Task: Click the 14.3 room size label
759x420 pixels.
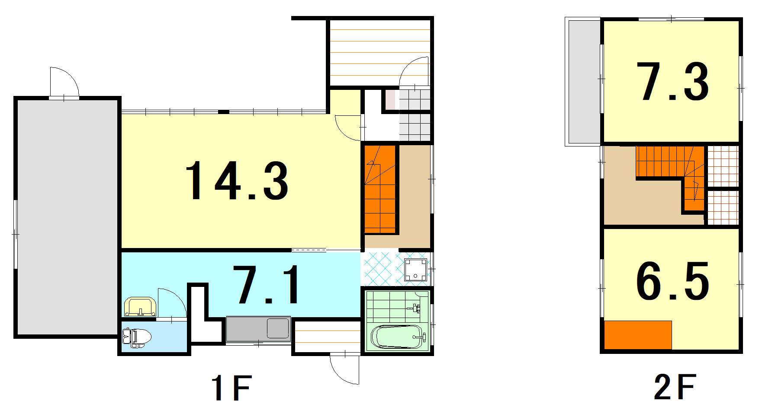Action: pos(237,180)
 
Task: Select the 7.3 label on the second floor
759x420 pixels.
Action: pos(672,82)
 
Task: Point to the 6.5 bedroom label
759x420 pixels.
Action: pos(672,281)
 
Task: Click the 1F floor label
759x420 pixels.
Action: pos(232,388)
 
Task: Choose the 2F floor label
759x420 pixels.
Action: pos(675,387)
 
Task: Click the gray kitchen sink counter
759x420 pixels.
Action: pos(258,329)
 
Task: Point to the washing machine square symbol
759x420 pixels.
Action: pos(416,270)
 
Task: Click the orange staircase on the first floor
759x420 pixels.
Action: pos(380,189)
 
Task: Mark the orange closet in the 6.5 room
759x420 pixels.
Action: pos(638,335)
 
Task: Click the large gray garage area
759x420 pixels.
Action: pos(68,217)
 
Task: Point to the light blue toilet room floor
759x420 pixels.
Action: pos(154,337)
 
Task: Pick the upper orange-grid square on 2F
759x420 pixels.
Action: pos(723,166)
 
